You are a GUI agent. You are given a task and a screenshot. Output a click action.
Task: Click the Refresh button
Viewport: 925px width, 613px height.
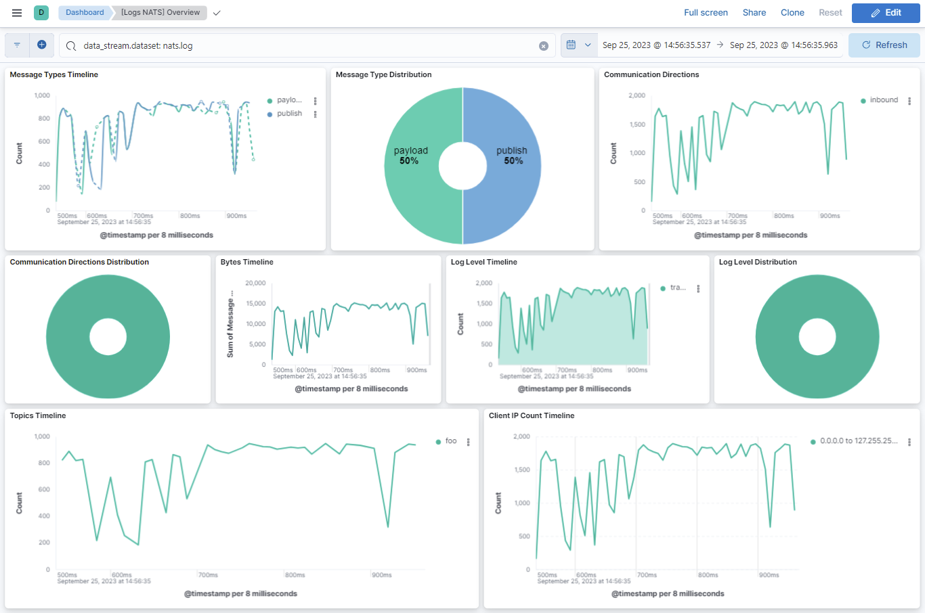coord(884,45)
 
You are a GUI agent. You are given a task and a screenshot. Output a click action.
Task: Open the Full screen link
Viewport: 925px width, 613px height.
coord(706,13)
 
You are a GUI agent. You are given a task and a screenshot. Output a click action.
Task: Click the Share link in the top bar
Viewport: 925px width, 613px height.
coord(754,13)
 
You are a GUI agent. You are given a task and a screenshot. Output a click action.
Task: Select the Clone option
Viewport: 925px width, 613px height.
coord(792,13)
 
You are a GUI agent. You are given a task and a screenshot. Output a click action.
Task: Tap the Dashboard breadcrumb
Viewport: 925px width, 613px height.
coord(85,13)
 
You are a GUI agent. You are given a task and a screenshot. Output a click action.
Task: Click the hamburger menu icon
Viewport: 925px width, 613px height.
coord(17,13)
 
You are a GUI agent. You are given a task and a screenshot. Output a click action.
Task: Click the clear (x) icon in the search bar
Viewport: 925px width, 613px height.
coord(543,46)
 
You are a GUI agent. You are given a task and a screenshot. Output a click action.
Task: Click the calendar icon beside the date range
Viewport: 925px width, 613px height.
coord(571,45)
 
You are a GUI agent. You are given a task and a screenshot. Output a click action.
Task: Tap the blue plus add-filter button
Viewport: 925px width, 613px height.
coord(41,45)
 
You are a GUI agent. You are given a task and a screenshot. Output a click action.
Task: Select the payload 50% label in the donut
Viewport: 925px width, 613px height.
coord(410,156)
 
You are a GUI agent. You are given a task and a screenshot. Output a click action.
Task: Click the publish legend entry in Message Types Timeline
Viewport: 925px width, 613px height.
coord(289,114)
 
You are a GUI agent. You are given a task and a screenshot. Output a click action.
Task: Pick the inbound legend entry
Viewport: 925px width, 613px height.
coord(883,100)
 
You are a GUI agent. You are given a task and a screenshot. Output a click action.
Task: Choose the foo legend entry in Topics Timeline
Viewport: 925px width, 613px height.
coord(450,441)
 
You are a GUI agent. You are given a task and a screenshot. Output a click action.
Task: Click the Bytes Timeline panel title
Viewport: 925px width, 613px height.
coord(246,263)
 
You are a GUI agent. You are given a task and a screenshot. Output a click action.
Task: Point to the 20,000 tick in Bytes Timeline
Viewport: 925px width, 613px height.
coord(255,283)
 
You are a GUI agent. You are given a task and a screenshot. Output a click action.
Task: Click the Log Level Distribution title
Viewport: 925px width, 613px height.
coord(757,263)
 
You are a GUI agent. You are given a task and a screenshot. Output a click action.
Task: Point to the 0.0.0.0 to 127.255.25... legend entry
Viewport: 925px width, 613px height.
coord(858,441)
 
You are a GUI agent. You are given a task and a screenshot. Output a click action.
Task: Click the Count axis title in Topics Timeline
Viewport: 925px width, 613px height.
coord(19,503)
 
